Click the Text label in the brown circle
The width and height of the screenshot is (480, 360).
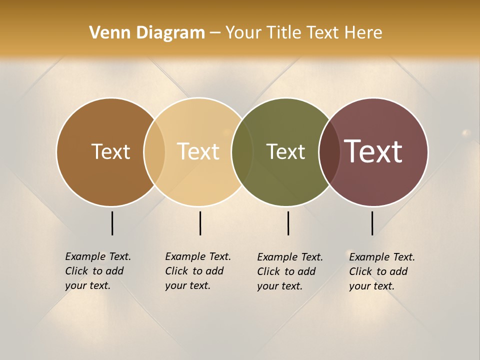tap(110, 151)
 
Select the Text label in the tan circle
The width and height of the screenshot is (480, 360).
tap(198, 151)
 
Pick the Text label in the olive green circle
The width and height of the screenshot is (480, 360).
tap(285, 151)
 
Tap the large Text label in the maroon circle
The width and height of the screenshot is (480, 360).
tap(373, 151)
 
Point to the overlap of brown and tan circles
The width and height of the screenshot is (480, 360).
tap(154, 151)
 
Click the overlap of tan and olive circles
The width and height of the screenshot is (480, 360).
tap(242, 151)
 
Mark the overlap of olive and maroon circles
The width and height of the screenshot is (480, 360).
tap(329, 151)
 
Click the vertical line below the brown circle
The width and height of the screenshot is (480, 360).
tap(112, 223)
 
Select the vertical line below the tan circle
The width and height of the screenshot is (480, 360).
tap(200, 223)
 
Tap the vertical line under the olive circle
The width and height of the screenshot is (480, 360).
tap(288, 223)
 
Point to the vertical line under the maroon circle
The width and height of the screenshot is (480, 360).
tap(372, 223)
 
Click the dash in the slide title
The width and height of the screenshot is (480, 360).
tap(215, 33)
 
